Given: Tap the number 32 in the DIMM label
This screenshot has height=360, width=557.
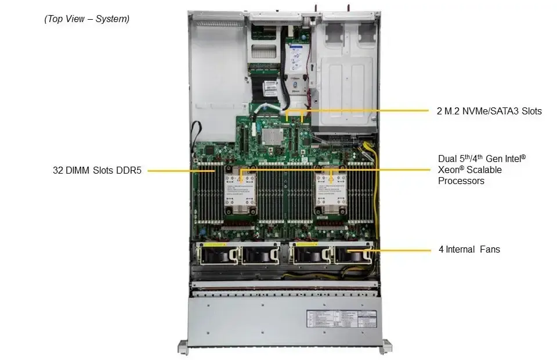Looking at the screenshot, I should click(x=57, y=171).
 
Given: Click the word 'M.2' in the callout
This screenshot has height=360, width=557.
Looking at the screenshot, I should click(x=454, y=111).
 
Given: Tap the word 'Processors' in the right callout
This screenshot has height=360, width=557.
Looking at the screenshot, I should click(x=461, y=181).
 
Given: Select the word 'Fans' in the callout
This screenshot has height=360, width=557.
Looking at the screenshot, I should click(x=490, y=250).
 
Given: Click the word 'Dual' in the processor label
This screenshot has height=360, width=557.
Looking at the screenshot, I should click(x=448, y=159).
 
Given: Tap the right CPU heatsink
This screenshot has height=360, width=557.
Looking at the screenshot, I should click(x=331, y=191).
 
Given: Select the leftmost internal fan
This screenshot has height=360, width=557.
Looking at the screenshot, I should click(x=218, y=255).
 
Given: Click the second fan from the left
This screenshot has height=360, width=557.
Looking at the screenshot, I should click(x=260, y=255).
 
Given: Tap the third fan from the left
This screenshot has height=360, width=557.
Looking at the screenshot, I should click(x=311, y=255).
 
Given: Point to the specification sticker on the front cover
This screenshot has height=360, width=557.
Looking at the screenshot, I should click(x=340, y=321).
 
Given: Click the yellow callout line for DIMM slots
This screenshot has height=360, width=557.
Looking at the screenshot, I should click(x=180, y=171).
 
